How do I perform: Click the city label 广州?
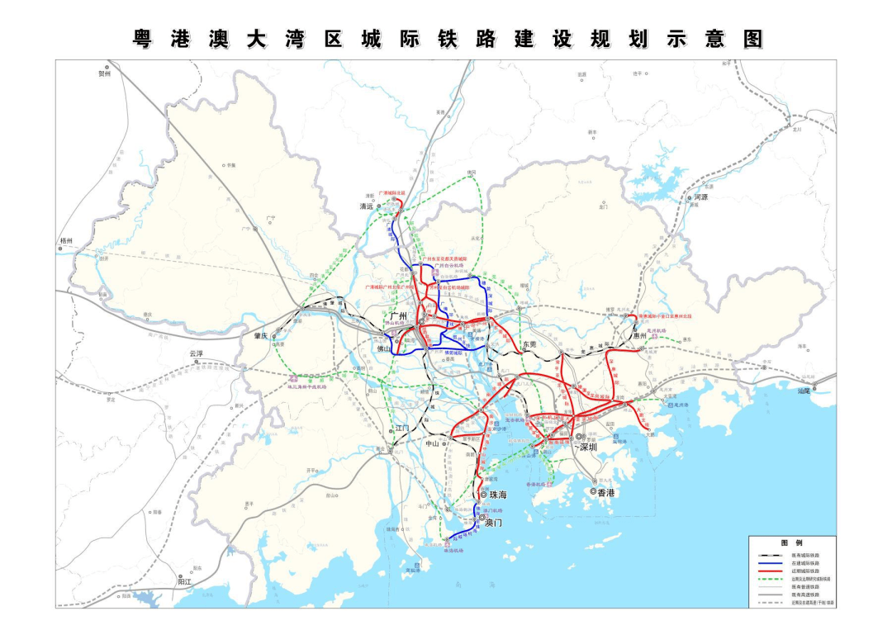(399, 316)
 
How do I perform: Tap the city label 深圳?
(588, 447)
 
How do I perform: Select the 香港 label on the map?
(606, 492)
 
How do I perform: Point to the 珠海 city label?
(498, 495)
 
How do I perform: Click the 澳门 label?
(494, 523)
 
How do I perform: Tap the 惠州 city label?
(639, 336)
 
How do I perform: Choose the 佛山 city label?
(386, 349)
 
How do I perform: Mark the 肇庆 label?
(262, 336)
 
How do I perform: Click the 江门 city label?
(402, 428)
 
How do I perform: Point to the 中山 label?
(432, 443)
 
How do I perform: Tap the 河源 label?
(702, 198)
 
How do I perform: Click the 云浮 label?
(196, 353)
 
